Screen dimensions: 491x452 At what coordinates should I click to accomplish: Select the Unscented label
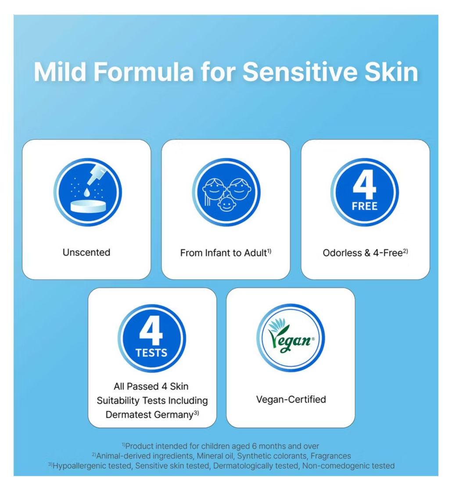pyautogui.click(x=86, y=253)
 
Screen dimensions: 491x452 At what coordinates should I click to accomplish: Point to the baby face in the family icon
pyautogui.click(x=226, y=204)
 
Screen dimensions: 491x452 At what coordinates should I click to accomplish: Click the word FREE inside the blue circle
pyautogui.click(x=365, y=206)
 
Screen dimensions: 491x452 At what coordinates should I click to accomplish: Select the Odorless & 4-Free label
pyautogui.click(x=365, y=253)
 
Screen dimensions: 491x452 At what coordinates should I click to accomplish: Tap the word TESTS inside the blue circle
pyautogui.click(x=151, y=353)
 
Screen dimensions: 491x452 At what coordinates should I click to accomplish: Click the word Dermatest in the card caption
pyautogui.click(x=129, y=414)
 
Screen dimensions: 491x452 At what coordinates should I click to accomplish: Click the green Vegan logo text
pyautogui.click(x=291, y=341)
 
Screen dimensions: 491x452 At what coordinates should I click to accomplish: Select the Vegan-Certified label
pyautogui.click(x=291, y=399)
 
